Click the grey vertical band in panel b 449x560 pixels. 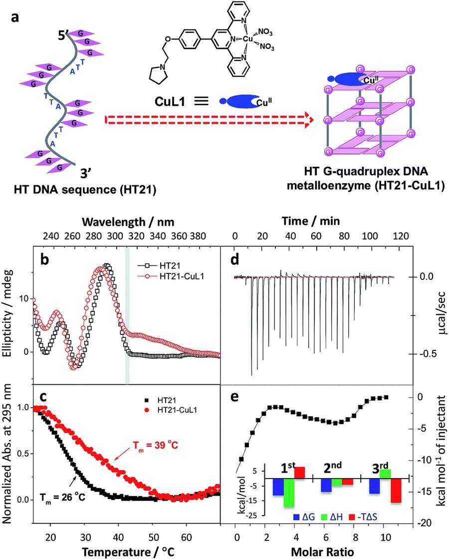point(127,314)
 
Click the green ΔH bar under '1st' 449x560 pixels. point(288,493)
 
